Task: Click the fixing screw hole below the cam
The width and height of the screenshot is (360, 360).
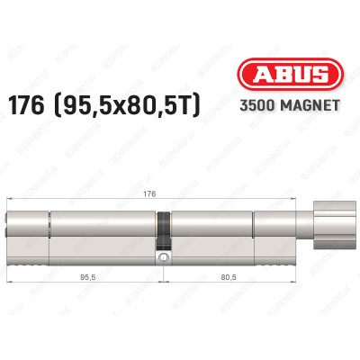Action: [163, 259]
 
